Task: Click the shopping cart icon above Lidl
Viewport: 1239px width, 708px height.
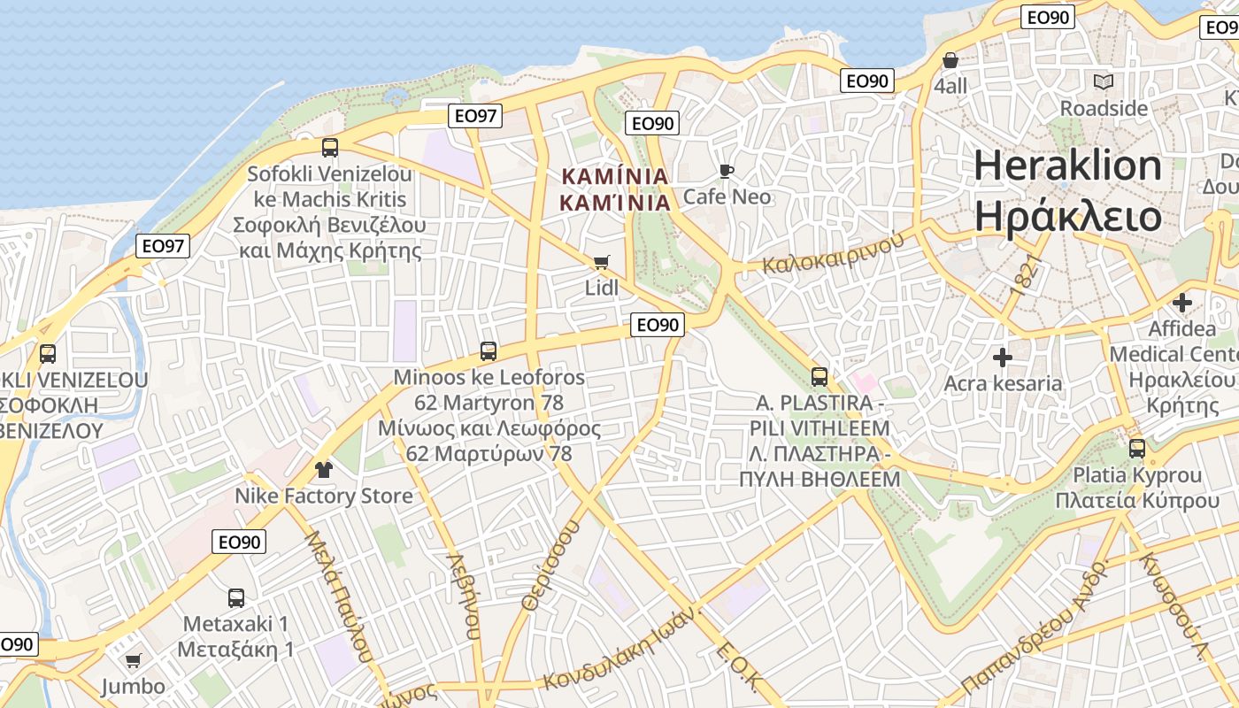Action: tap(602, 262)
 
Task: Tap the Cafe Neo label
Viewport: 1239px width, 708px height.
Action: tap(727, 196)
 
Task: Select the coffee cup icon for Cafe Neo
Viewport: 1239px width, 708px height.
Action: tap(727, 171)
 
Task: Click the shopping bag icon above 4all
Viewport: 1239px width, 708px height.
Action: tap(950, 60)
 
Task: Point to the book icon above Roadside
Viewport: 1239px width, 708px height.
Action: tap(1104, 82)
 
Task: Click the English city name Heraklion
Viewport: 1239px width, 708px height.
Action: tap(1068, 166)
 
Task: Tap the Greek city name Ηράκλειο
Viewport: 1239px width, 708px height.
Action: tap(1068, 216)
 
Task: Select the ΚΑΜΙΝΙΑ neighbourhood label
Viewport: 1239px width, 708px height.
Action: tap(615, 189)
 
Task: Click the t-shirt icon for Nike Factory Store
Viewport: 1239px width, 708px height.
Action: tap(323, 469)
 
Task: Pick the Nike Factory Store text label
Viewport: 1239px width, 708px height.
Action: tap(323, 496)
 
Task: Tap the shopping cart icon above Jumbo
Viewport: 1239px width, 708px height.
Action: tap(133, 660)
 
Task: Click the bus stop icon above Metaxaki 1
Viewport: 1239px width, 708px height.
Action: tap(235, 597)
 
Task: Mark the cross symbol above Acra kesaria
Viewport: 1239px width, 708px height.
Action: tap(1002, 358)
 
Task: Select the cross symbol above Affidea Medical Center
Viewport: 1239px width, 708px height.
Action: tap(1181, 302)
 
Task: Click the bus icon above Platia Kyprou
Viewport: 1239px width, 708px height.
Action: tap(1137, 449)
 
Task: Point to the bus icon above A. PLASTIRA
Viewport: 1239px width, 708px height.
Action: tap(820, 376)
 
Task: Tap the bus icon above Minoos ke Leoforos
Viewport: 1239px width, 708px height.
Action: tap(488, 350)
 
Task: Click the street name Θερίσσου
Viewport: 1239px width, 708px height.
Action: tap(550, 565)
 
